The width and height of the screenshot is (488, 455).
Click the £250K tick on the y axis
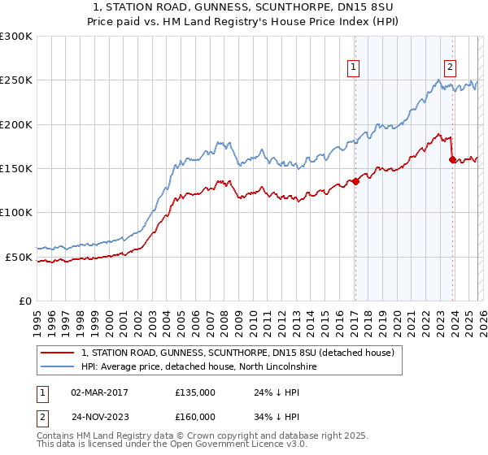[x=16, y=80]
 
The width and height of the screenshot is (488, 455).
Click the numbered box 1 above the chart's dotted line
[x=355, y=68]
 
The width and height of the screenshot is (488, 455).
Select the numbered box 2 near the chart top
[x=450, y=68]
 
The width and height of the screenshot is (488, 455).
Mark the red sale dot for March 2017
[x=355, y=182]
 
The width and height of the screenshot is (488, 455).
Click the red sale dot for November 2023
[x=452, y=160]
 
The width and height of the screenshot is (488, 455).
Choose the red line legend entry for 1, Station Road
[x=237, y=353]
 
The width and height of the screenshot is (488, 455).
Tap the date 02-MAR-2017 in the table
[x=99, y=392]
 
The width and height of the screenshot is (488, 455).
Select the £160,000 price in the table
[x=195, y=418]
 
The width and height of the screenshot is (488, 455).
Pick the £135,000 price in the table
[x=195, y=392]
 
